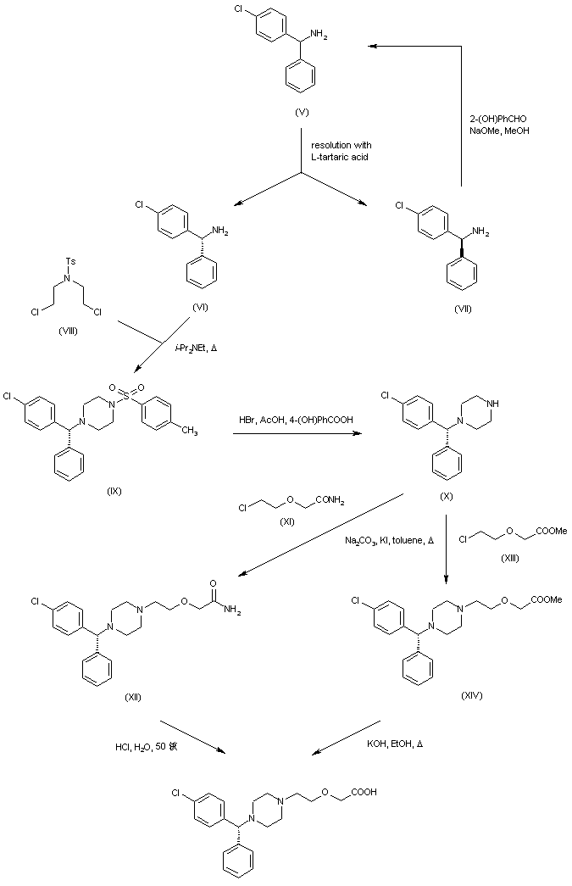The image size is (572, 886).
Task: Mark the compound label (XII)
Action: [133, 697]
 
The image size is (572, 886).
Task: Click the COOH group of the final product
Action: [366, 794]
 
